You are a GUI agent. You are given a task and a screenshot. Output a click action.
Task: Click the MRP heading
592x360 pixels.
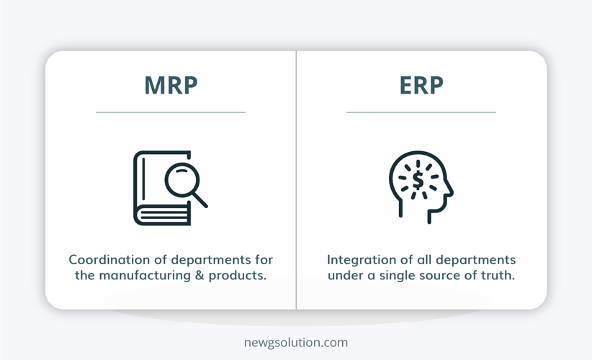pos(171,85)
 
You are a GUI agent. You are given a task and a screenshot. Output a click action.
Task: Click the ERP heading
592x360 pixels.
pos(421,85)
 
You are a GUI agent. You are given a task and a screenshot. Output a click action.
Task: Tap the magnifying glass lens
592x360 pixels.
pos(182,179)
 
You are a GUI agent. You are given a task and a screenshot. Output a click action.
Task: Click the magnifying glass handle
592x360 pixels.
pos(200,200)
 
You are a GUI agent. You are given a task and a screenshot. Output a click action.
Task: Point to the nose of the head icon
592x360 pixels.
pos(450,189)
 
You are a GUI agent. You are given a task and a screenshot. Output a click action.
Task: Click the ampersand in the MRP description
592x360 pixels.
pos(199,276)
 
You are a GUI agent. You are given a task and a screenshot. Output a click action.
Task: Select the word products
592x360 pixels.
pos(237,276)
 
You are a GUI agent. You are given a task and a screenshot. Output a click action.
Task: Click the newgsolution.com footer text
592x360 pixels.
pos(296,343)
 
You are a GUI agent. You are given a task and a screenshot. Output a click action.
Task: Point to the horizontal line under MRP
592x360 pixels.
pos(171,112)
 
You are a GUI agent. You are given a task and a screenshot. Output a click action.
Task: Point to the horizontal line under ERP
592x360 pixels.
pos(421,112)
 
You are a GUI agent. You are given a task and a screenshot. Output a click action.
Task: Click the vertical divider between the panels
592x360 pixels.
pos(297,180)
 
